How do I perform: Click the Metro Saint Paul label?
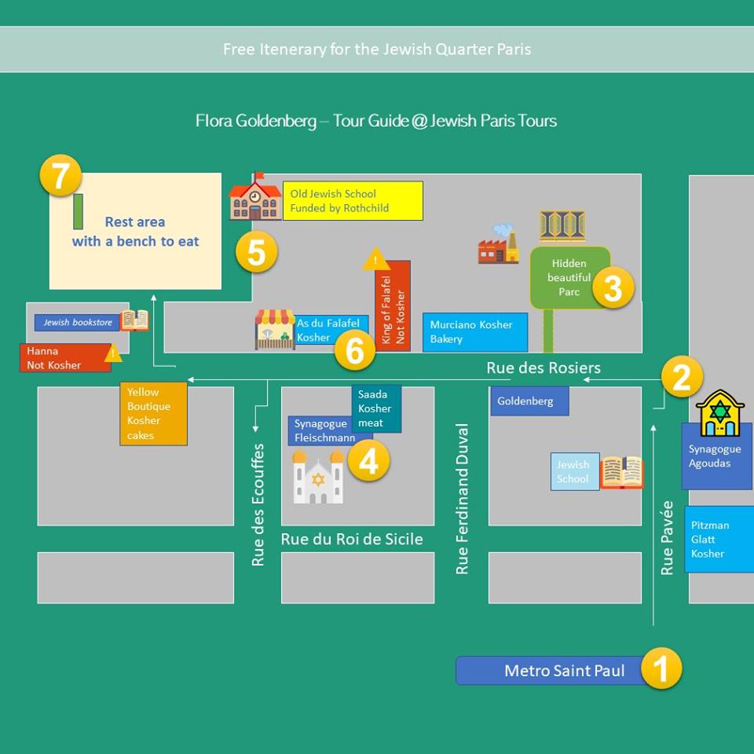coord(554,671)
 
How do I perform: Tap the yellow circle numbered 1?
coord(661,669)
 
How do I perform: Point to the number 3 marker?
coord(612,288)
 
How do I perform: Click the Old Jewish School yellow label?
coord(353,201)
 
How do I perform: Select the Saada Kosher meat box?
coord(375,408)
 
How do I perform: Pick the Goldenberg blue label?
coord(529,401)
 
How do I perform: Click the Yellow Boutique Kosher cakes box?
coord(153,413)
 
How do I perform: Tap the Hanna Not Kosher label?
coord(64,358)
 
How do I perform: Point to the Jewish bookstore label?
coord(77,322)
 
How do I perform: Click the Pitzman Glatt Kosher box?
coord(718,539)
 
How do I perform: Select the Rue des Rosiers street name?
coord(544,368)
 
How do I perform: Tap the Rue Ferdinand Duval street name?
coord(463,500)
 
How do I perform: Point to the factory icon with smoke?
coord(499,244)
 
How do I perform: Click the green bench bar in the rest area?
coord(78,211)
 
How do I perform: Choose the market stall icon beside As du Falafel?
coord(275,329)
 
